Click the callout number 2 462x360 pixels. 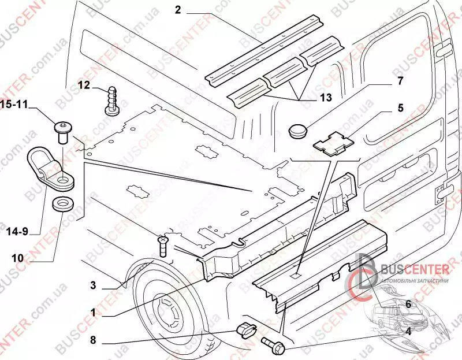click(x=178, y=9)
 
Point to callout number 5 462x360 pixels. click(x=400, y=107)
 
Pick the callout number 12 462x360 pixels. click(x=84, y=86)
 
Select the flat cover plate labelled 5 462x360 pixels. click(x=332, y=143)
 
